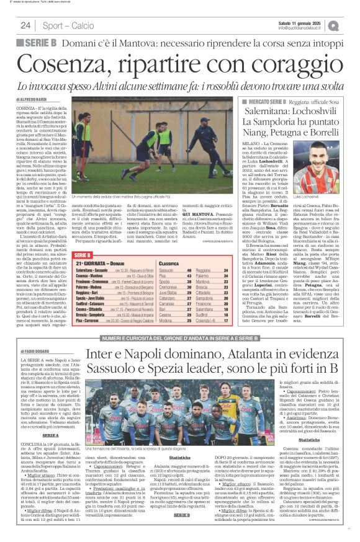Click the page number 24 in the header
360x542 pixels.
(x=25, y=25)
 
